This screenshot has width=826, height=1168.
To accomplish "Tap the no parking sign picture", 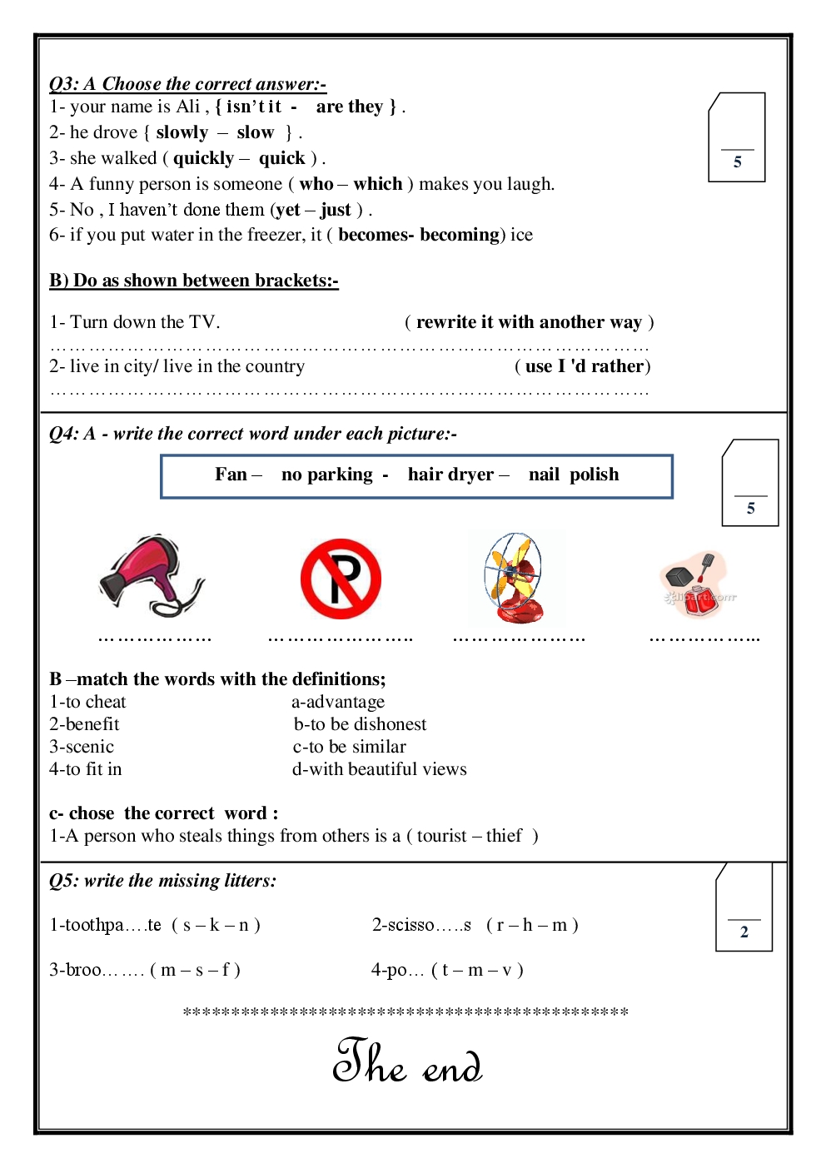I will tap(341, 579).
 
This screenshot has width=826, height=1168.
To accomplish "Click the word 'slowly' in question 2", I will tap(182, 132).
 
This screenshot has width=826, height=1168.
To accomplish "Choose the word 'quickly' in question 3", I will tap(203, 158).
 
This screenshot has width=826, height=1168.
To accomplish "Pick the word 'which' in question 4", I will tap(377, 184).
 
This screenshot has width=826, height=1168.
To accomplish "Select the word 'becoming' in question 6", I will tap(459, 235).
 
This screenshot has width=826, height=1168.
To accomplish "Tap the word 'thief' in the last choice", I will tap(504, 836).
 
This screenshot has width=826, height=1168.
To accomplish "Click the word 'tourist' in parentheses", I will tap(442, 836).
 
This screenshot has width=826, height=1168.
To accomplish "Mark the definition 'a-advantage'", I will tap(338, 702).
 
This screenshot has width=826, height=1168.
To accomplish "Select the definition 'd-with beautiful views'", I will tap(379, 769).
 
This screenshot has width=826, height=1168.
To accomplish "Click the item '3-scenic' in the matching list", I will tap(82, 747).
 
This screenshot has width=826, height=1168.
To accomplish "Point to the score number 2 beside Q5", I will tap(744, 932).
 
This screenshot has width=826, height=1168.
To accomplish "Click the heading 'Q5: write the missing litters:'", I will tap(162, 881).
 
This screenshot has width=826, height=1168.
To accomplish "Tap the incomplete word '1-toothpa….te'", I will tap(106, 925).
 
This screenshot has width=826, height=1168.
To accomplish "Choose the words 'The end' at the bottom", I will tap(407, 1061).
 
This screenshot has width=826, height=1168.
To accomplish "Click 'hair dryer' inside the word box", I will tap(450, 475).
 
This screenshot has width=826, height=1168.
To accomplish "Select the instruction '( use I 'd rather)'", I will tap(582, 366).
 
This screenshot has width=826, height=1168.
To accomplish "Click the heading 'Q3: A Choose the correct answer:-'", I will tap(187, 84).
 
